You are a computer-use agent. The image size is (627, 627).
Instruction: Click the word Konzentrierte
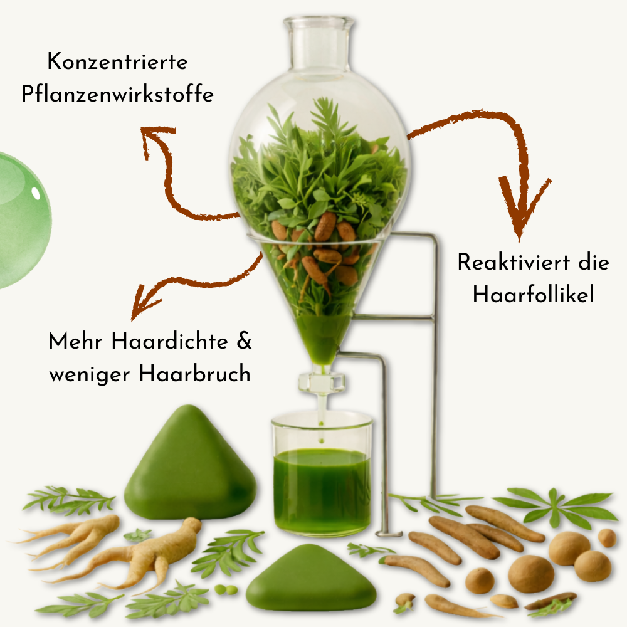click(118, 62)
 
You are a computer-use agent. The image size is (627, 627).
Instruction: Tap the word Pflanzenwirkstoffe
click(117, 95)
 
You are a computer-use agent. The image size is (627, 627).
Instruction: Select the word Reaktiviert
click(514, 263)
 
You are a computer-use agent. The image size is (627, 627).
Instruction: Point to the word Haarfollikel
click(533, 295)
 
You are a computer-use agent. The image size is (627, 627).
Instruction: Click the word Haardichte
click(169, 342)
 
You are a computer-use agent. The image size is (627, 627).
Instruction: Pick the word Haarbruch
click(195, 374)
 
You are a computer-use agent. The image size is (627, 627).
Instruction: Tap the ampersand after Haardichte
click(244, 342)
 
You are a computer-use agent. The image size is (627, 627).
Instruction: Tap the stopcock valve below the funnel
click(322, 382)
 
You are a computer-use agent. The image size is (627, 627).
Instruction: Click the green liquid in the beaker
click(322, 490)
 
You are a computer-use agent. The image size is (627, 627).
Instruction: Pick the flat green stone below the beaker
click(311, 579)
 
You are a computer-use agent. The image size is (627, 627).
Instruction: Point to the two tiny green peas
click(226, 589)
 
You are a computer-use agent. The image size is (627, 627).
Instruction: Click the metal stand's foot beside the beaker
click(388, 533)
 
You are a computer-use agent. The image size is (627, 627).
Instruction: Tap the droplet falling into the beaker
click(321, 440)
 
